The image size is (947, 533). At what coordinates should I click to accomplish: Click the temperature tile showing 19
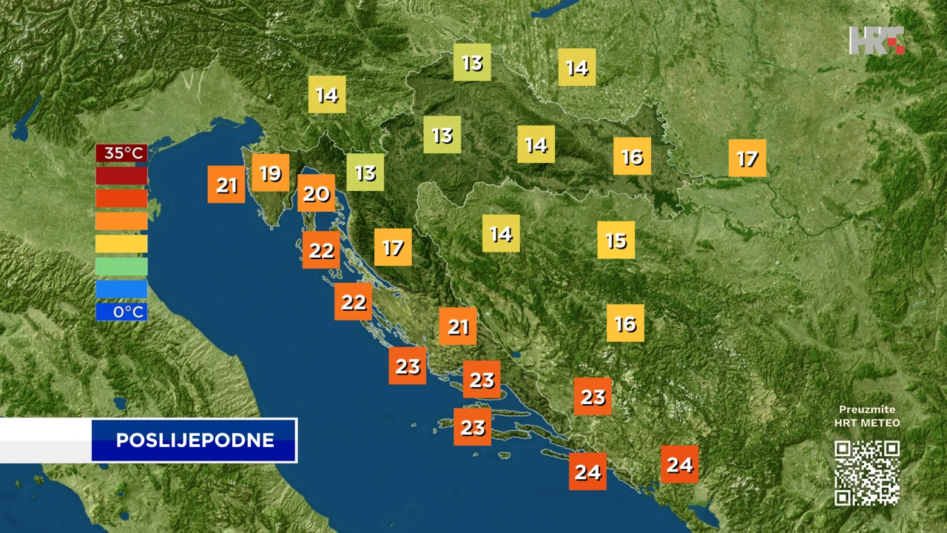pyautogui.click(x=271, y=173)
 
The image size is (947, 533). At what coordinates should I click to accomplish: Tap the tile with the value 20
pyautogui.click(x=316, y=194)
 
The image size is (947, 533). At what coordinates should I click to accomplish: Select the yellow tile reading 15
pyautogui.click(x=616, y=240)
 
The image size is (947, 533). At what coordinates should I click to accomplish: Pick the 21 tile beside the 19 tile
pyautogui.click(x=226, y=185)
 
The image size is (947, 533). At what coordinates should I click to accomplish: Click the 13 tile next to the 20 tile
pyautogui.click(x=365, y=172)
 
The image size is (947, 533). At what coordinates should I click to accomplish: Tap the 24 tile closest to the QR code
pyautogui.click(x=679, y=464)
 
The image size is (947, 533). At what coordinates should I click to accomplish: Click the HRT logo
pyautogui.click(x=877, y=41)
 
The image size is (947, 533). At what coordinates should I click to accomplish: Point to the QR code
pyautogui.click(x=867, y=473)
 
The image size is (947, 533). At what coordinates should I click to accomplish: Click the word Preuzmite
pyautogui.click(x=867, y=409)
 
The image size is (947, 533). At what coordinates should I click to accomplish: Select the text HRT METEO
pyautogui.click(x=867, y=423)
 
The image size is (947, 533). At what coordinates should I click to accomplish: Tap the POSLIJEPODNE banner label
pyautogui.click(x=195, y=440)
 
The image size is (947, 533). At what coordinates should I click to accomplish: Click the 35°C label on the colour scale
pyautogui.click(x=121, y=153)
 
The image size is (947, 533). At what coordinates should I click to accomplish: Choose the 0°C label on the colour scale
pyautogui.click(x=121, y=312)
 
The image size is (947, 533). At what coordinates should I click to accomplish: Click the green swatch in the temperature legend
pyautogui.click(x=121, y=266)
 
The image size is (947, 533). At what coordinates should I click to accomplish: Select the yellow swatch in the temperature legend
pyautogui.click(x=121, y=244)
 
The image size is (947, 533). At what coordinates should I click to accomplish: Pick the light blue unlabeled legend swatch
pyautogui.click(x=121, y=289)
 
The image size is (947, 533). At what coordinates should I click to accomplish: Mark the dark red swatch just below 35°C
pyautogui.click(x=121, y=176)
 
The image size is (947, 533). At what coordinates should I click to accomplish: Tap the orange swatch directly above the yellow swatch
pyautogui.click(x=121, y=221)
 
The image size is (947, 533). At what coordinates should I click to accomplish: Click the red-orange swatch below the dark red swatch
pyautogui.click(x=121, y=198)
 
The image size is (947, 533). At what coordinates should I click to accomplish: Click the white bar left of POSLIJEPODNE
pyautogui.click(x=45, y=440)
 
